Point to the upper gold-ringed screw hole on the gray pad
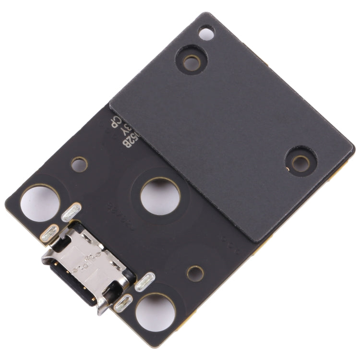click(191, 60)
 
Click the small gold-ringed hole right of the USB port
click(195, 273)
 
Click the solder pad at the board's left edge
click(50, 233)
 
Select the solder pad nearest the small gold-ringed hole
click(145, 283)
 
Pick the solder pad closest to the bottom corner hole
click(123, 303)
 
